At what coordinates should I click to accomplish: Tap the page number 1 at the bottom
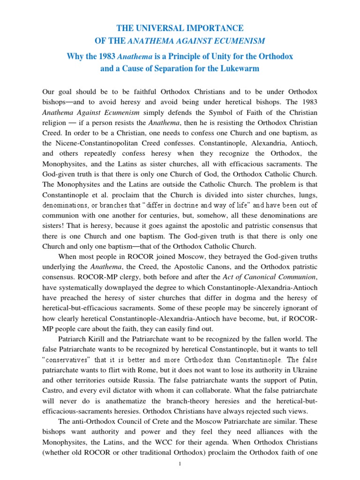click(180, 464)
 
